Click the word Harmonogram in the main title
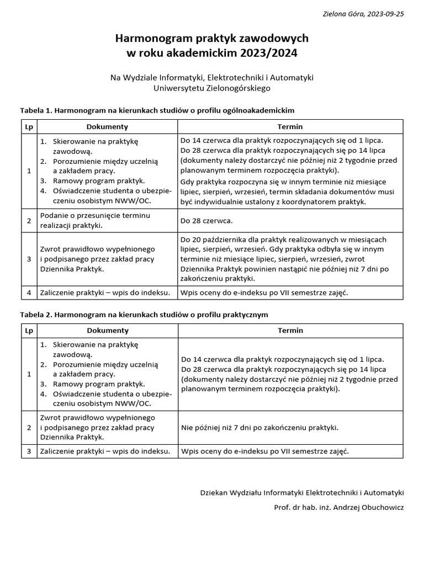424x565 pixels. pos(148,39)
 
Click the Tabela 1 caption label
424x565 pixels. pos(36,110)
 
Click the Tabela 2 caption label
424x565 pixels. pos(36,314)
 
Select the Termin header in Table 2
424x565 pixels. pos(290,331)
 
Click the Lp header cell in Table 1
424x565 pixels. pos(29,127)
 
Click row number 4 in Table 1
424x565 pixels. pos(29,292)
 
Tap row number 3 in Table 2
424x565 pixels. pos(29,451)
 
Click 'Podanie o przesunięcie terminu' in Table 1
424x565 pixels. pos(95,215)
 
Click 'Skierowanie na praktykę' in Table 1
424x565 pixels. pos(96,141)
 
